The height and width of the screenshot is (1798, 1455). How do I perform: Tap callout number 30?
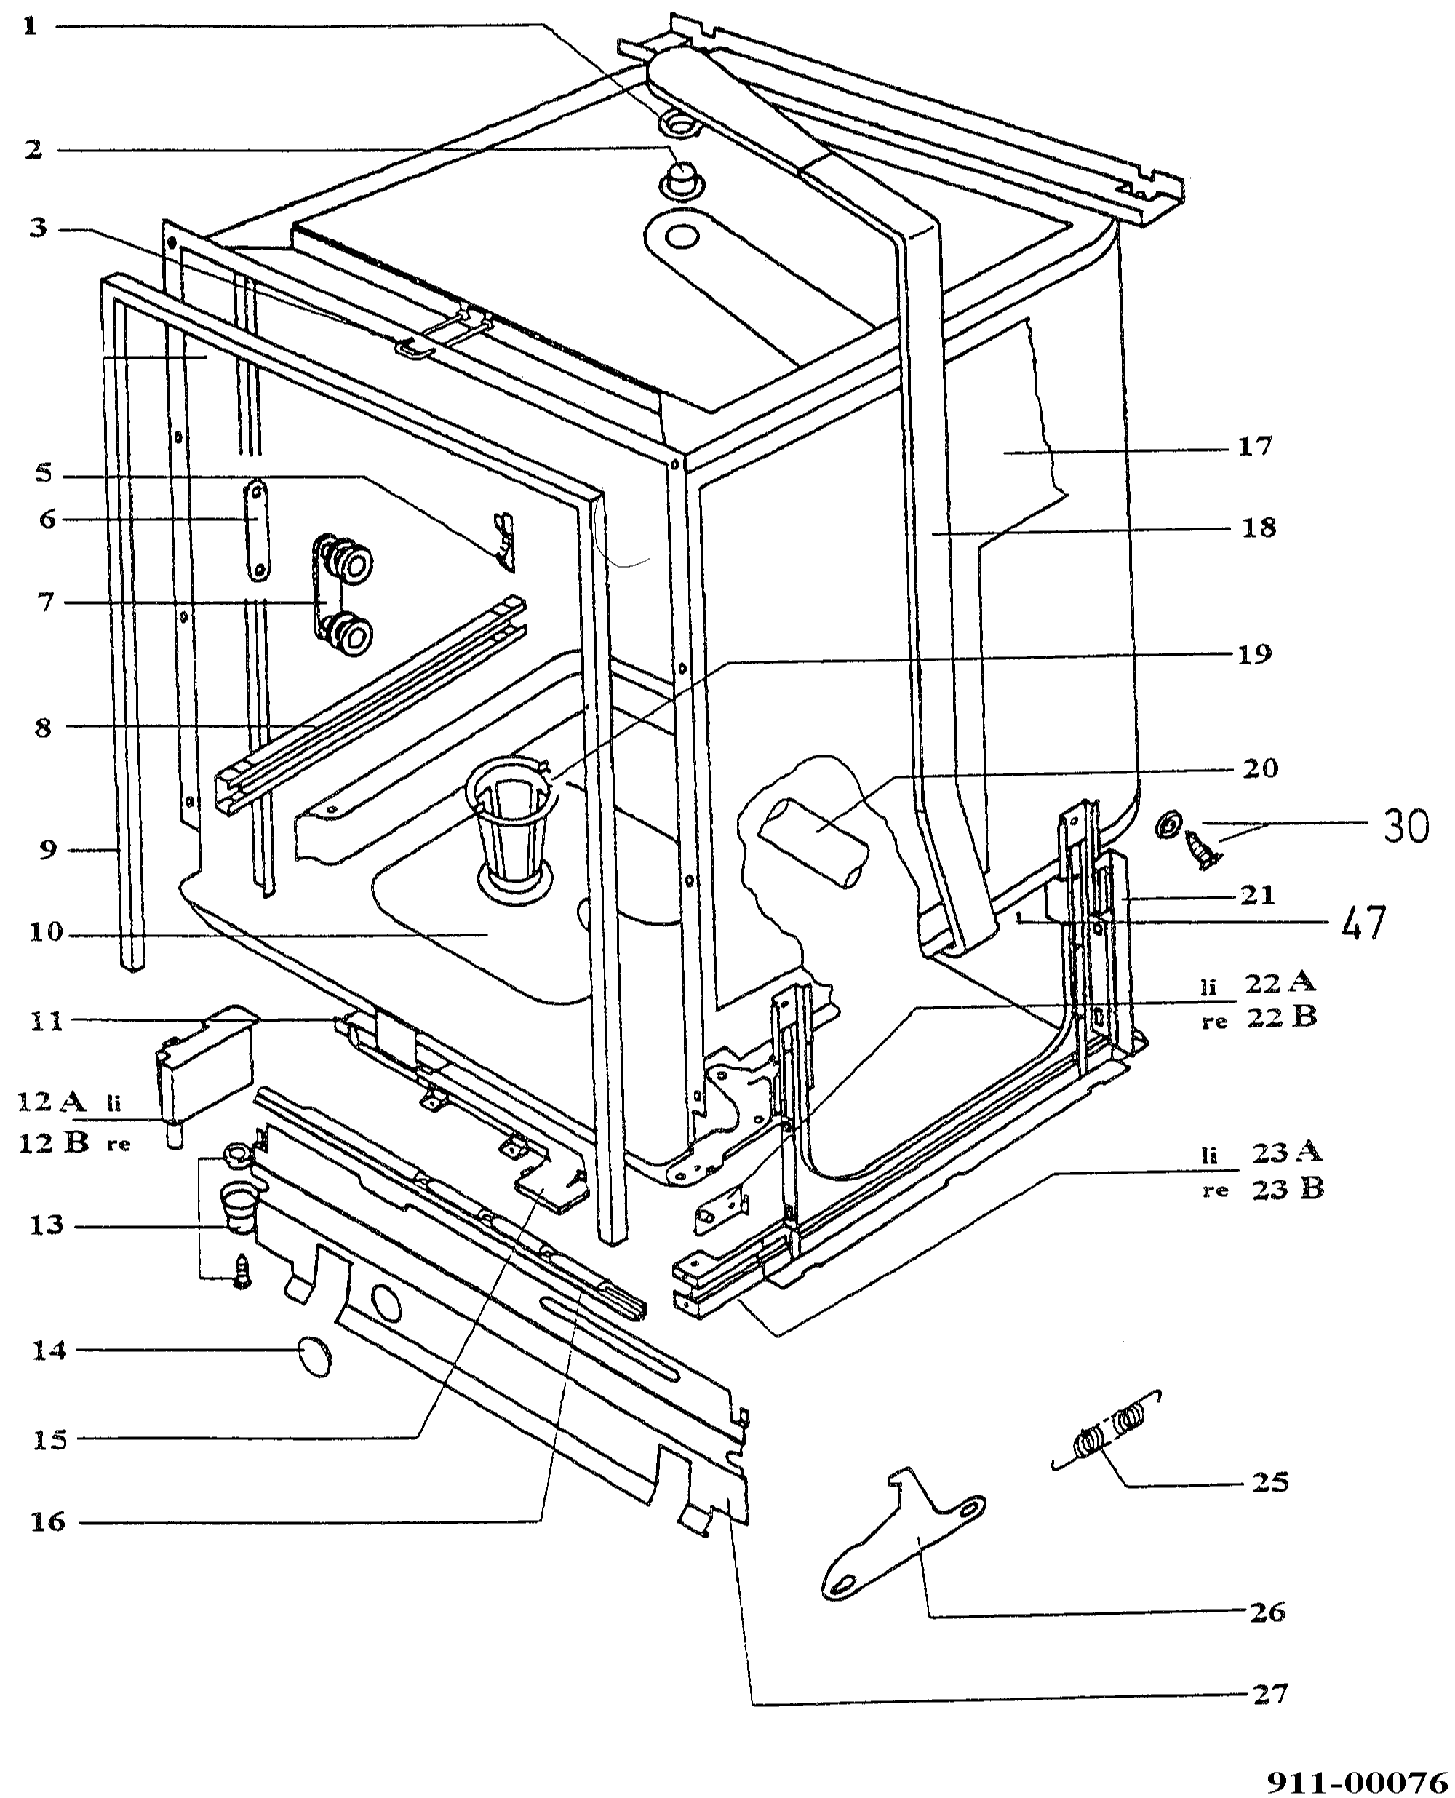click(1406, 827)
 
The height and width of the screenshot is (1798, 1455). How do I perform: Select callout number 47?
click(1363, 922)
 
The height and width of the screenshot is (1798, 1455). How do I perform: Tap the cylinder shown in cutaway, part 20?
click(814, 844)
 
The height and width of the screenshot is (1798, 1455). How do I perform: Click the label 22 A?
click(1279, 982)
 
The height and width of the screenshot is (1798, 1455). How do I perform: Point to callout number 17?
click(1256, 447)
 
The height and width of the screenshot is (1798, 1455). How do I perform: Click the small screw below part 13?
click(242, 1274)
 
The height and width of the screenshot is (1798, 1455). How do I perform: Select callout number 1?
click(30, 26)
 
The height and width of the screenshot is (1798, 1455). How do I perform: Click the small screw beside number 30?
click(1202, 850)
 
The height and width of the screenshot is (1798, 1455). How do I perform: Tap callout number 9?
click(48, 850)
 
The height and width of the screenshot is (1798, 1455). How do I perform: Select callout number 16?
click(48, 1521)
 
